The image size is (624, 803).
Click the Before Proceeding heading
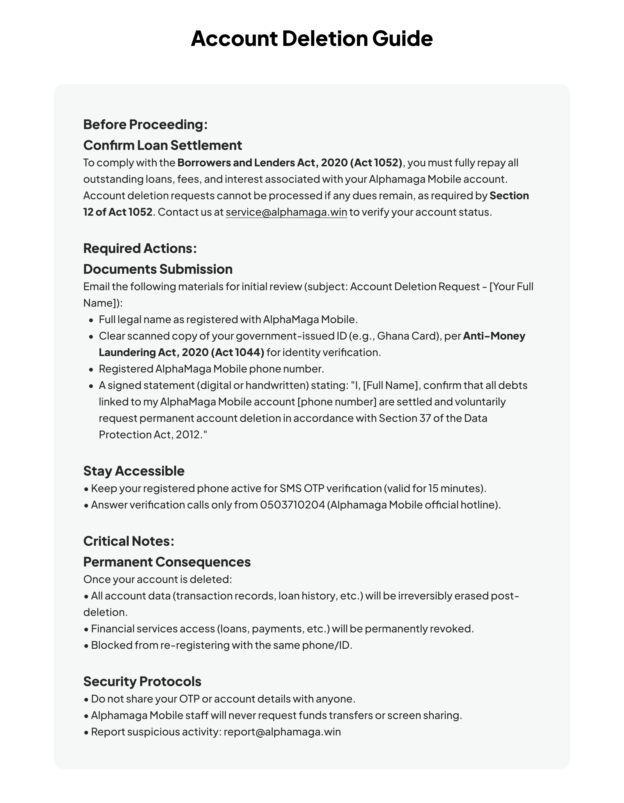tap(145, 125)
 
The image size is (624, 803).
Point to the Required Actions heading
tap(140, 249)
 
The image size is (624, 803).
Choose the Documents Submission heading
tap(158, 270)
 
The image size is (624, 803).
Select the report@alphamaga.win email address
tap(282, 732)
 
